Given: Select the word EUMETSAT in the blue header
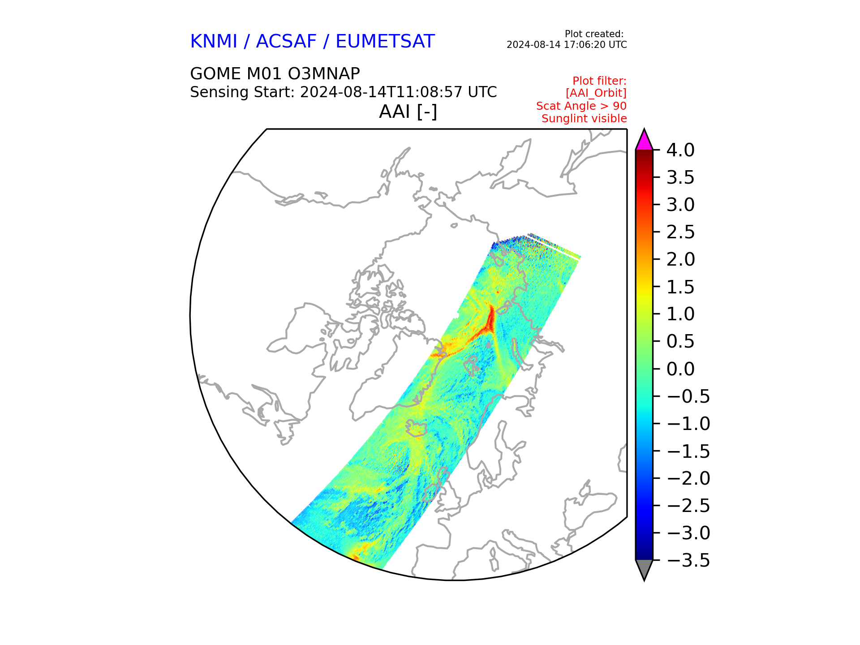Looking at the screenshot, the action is pyautogui.click(x=385, y=41).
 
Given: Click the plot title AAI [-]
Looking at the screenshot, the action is pyautogui.click(x=408, y=112).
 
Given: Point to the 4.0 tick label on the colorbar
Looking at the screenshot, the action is pyautogui.click(x=680, y=150).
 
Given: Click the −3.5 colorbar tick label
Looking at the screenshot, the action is pyautogui.click(x=688, y=560).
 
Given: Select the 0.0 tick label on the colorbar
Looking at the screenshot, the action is pyautogui.click(x=680, y=369).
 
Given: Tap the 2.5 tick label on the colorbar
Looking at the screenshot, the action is pyautogui.click(x=680, y=232).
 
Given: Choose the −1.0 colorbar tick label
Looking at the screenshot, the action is pyautogui.click(x=688, y=424).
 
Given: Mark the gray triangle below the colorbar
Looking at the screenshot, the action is pyautogui.click(x=644, y=569).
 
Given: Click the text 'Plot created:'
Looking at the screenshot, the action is pyautogui.click(x=594, y=34).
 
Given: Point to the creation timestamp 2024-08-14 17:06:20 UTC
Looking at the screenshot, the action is pyautogui.click(x=567, y=45).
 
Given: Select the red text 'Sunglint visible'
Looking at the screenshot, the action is pyautogui.click(x=584, y=119).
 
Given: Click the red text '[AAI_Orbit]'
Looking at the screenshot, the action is pyautogui.click(x=596, y=93).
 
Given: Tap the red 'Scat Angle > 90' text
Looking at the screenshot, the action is pyautogui.click(x=581, y=106).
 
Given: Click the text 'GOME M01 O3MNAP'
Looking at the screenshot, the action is pyautogui.click(x=275, y=73).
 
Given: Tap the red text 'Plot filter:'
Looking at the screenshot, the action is pyautogui.click(x=599, y=81).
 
